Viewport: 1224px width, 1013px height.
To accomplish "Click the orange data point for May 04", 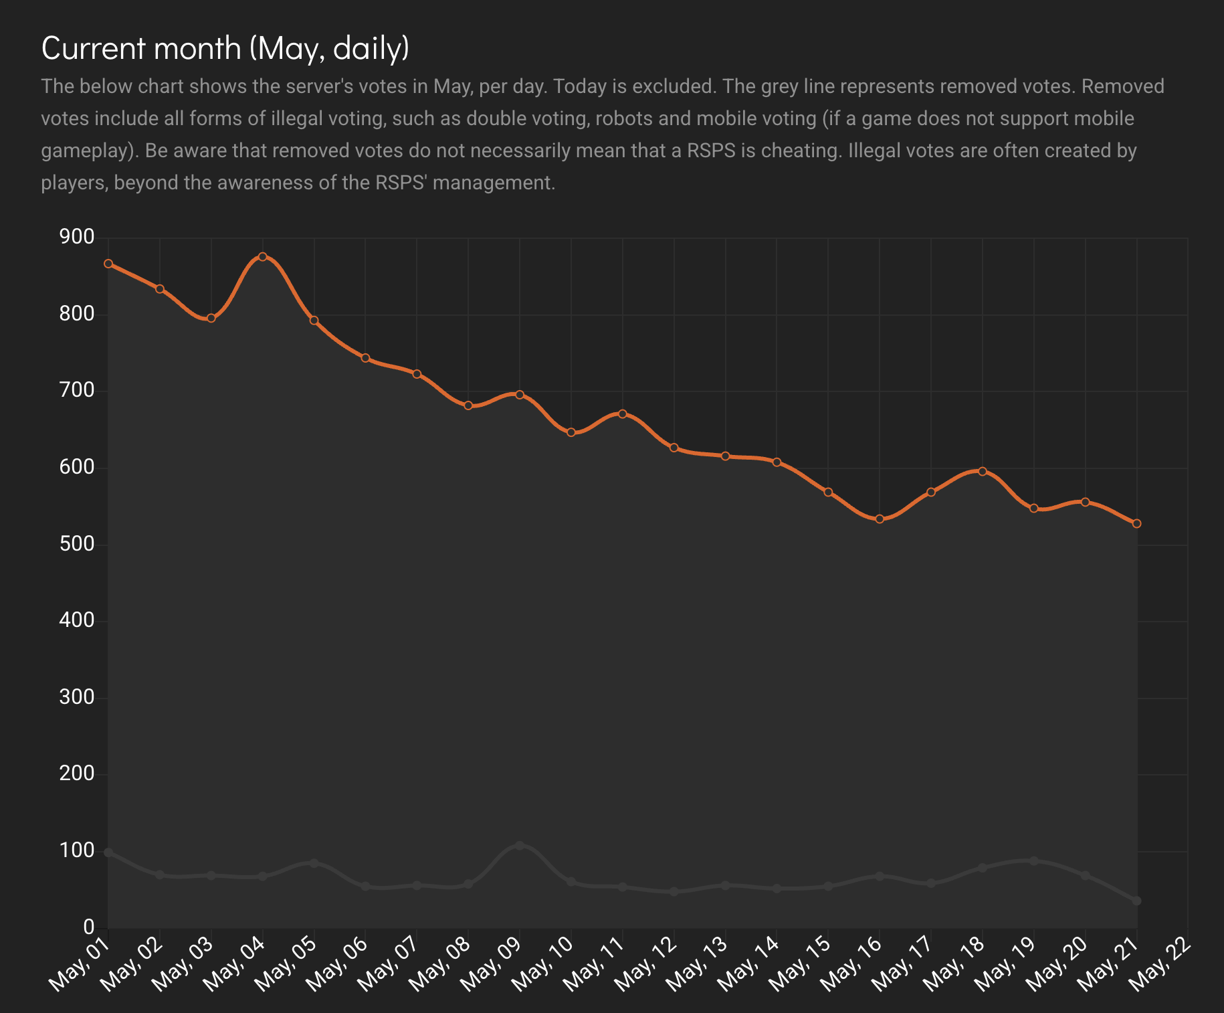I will pyautogui.click(x=263, y=257).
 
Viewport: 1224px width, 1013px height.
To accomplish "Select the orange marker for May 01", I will pyautogui.click(x=108, y=264).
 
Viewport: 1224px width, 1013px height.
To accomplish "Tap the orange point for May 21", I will pyautogui.click(x=1136, y=523).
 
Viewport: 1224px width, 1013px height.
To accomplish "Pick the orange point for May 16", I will pyautogui.click(x=880, y=519).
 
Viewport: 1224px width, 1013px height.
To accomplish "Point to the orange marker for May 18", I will pyautogui.click(x=983, y=471).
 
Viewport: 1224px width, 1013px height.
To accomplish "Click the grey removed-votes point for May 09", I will pyautogui.click(x=520, y=846).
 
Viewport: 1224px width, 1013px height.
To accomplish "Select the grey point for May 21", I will pyautogui.click(x=1136, y=901).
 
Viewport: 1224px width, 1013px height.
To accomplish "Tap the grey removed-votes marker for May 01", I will pyautogui.click(x=108, y=852).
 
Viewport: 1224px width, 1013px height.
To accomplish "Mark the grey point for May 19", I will pyautogui.click(x=1034, y=861).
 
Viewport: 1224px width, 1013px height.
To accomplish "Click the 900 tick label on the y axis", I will pyautogui.click(x=77, y=237).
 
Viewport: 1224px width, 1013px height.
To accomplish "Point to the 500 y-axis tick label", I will pyautogui.click(x=77, y=544).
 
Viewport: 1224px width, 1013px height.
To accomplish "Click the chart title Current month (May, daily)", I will pyautogui.click(x=225, y=48).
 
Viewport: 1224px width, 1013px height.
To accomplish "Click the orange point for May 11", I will pyautogui.click(x=623, y=414).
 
